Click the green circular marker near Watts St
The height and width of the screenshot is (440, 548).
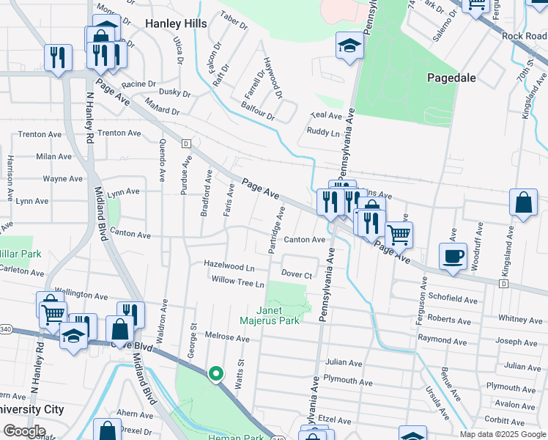(x=216, y=374)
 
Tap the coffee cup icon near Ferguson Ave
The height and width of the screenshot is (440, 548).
(x=452, y=257)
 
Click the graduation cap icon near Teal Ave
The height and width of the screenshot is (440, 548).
(x=349, y=45)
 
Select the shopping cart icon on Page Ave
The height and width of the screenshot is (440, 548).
(x=399, y=235)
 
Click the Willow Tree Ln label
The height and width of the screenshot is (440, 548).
(x=237, y=282)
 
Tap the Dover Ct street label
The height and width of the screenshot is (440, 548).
(x=297, y=275)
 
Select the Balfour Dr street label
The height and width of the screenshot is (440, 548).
(x=258, y=111)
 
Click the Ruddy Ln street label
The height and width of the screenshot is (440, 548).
(x=324, y=133)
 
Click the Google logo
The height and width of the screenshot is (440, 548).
(x=24, y=431)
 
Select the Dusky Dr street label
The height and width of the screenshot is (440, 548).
(x=174, y=93)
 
